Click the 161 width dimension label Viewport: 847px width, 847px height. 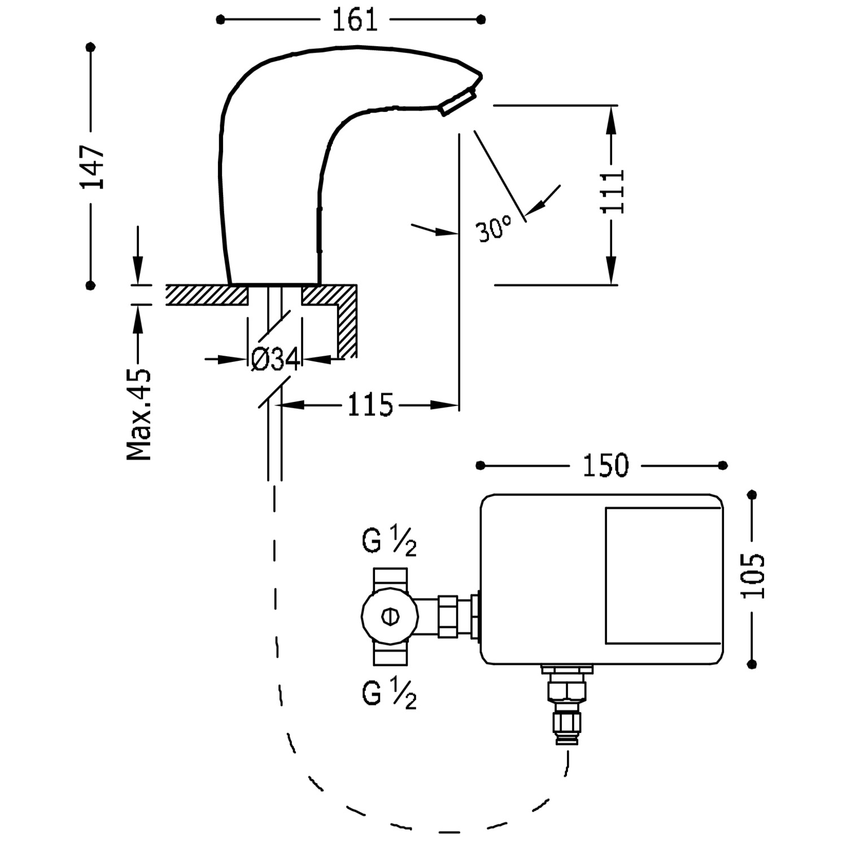pos(354,20)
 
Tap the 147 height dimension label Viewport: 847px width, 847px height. pos(92,167)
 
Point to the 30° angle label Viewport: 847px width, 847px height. pos(494,228)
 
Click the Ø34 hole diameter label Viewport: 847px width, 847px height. pos(275,359)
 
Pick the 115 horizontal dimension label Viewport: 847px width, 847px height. pos(370,405)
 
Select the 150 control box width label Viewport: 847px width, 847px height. pos(605,465)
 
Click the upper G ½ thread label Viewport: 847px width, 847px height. pos(390,543)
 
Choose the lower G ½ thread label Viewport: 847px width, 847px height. pos(390,694)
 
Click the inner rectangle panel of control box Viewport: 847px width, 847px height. pos(663,575)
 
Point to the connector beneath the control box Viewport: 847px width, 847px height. pos(567,706)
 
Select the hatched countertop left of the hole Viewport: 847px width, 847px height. pos(207,295)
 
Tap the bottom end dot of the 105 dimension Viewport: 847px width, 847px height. pos(752,664)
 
